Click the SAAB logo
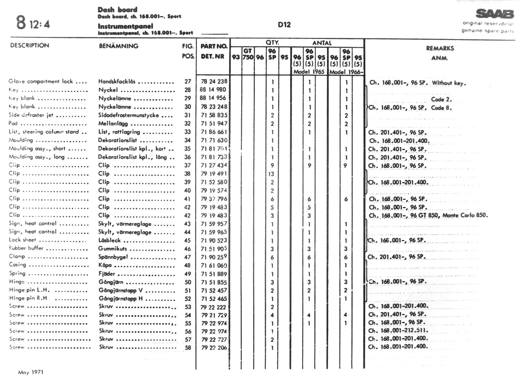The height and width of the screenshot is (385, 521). (495, 14)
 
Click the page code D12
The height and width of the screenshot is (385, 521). (284, 25)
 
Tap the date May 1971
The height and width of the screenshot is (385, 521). (31, 372)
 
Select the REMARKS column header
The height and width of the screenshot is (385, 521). (440, 48)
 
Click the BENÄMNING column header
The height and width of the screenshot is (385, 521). (119, 46)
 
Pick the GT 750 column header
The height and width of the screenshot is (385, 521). (248, 54)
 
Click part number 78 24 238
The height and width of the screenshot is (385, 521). (214, 82)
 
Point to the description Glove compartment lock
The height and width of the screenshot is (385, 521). (40, 82)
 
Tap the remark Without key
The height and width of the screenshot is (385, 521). (449, 83)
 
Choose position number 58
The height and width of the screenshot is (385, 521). (188, 348)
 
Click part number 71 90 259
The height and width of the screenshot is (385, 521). (214, 257)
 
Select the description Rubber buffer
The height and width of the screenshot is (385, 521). (26, 248)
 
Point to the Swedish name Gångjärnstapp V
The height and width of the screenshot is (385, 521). (121, 290)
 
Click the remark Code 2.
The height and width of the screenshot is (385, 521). (441, 99)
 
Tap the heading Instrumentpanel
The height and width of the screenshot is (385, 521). (125, 26)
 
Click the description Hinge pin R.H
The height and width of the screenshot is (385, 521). (28, 298)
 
